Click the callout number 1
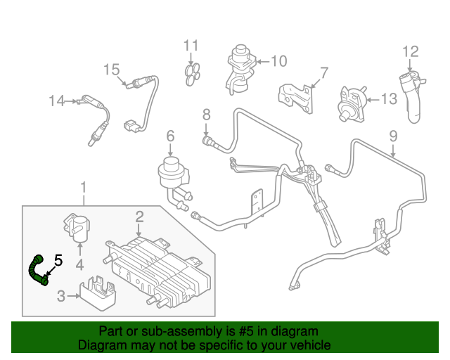[x=84, y=188]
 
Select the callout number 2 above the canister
[x=140, y=217]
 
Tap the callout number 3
[x=61, y=296]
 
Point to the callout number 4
[x=79, y=265]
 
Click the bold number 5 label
[x=58, y=261]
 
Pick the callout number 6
[x=170, y=135]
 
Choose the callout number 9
[x=393, y=135]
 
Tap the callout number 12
[x=410, y=51]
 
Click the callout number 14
[x=56, y=101]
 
